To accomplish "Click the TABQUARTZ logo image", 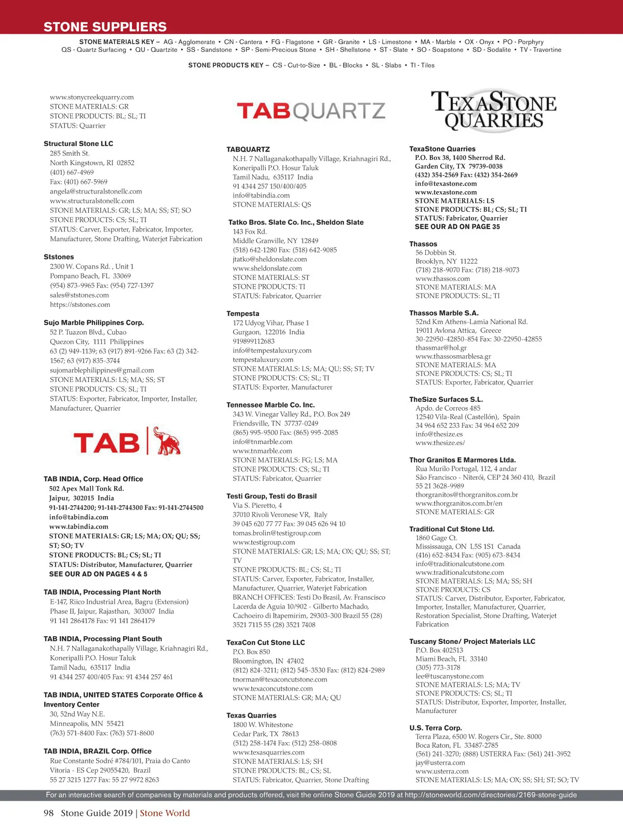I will tap(311, 111).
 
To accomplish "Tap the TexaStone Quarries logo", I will tap(493, 110).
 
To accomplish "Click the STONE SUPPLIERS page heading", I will tap(105, 27).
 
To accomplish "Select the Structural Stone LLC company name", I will tap(78, 144).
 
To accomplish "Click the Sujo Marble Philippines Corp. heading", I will tap(93, 322).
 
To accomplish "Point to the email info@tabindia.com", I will tap(79, 517).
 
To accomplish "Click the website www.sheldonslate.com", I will tap(267, 268).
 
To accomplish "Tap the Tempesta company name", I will tap(242, 314).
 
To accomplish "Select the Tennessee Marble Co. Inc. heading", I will tap(270, 405).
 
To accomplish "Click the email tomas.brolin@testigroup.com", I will tap(277, 533).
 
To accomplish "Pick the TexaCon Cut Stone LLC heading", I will tap(265, 642).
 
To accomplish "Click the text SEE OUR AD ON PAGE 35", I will tap(457, 227).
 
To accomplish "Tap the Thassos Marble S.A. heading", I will tap(444, 313).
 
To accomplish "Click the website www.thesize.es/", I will tap(440, 443).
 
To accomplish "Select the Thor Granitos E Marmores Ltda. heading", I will tap(462, 460).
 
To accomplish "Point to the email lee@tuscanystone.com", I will tap(449, 676).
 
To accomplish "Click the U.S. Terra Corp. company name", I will tap(435, 728).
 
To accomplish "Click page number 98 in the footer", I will tap(49, 813).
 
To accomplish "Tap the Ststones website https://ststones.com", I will tap(80, 305).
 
